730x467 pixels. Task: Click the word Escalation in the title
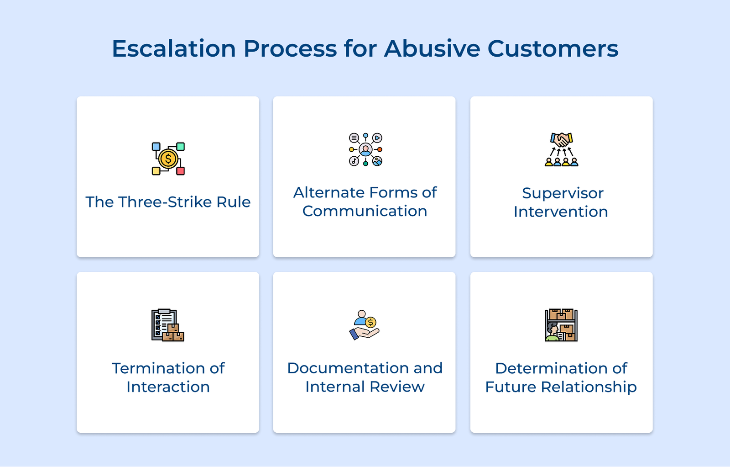tap(174, 48)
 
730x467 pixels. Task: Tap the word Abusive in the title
tap(432, 48)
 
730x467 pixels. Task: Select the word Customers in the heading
tap(553, 48)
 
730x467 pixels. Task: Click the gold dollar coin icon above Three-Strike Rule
tap(168, 159)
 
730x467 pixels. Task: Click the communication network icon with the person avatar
tap(365, 149)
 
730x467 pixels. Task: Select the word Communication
tap(365, 211)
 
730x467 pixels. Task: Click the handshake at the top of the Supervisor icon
tap(562, 139)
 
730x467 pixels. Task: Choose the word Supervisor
tap(563, 193)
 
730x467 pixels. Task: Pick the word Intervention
tap(561, 212)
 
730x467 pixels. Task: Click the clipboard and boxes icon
tap(168, 325)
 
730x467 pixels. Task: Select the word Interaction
tap(168, 387)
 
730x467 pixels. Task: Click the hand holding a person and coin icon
tap(365, 325)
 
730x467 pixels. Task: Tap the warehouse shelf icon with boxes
tap(561, 325)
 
